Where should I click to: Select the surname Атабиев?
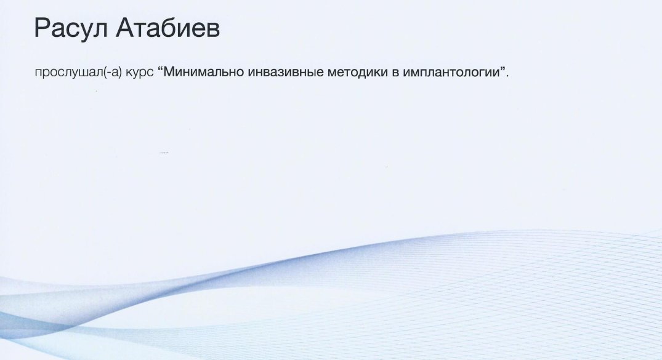click(x=168, y=28)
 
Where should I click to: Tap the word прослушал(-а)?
click(x=78, y=73)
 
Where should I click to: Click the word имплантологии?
click(x=451, y=73)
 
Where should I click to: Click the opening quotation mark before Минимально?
click(x=160, y=68)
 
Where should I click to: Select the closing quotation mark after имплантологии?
click(x=503, y=68)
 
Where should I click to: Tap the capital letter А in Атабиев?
click(x=126, y=28)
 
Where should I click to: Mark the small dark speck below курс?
click(x=164, y=153)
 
